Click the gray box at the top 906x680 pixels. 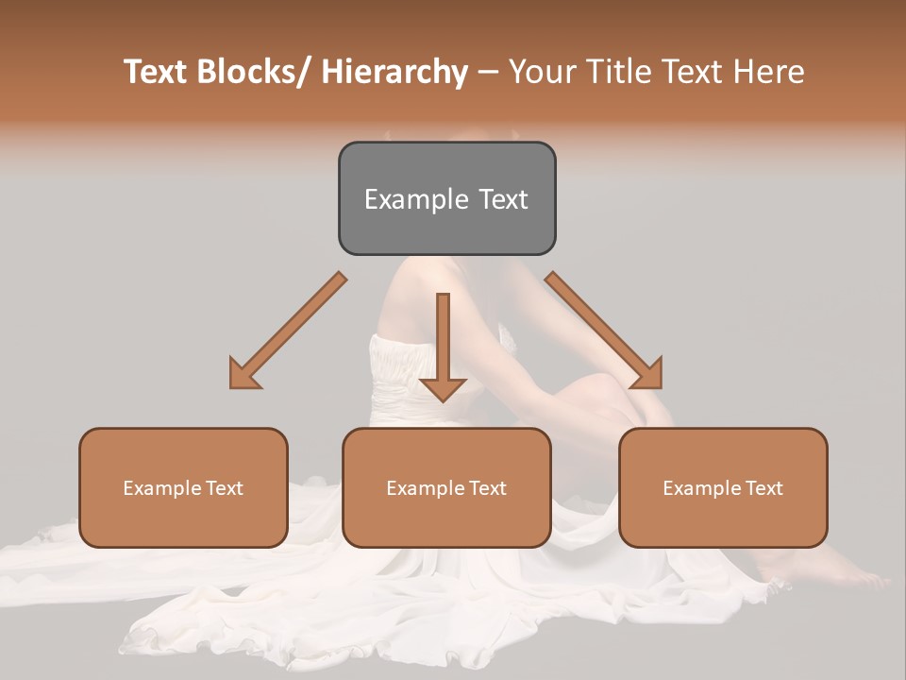(x=446, y=198)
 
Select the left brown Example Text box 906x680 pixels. (x=183, y=487)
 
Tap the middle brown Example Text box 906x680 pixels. (x=446, y=487)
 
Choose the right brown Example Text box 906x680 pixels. (x=723, y=487)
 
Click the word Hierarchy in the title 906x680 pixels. (x=394, y=72)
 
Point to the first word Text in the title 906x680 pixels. (x=157, y=72)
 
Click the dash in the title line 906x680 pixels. (x=488, y=74)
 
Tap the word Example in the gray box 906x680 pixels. (x=414, y=199)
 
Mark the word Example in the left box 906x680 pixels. (x=160, y=488)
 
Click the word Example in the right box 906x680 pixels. (x=700, y=488)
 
